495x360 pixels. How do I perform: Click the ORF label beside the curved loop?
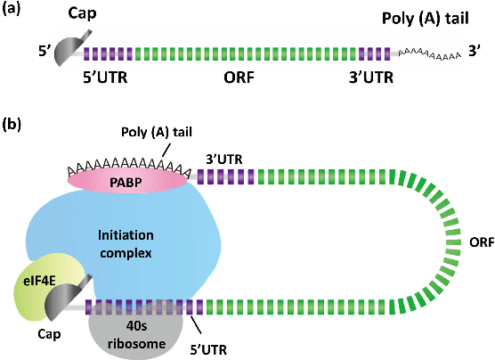[478, 241]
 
